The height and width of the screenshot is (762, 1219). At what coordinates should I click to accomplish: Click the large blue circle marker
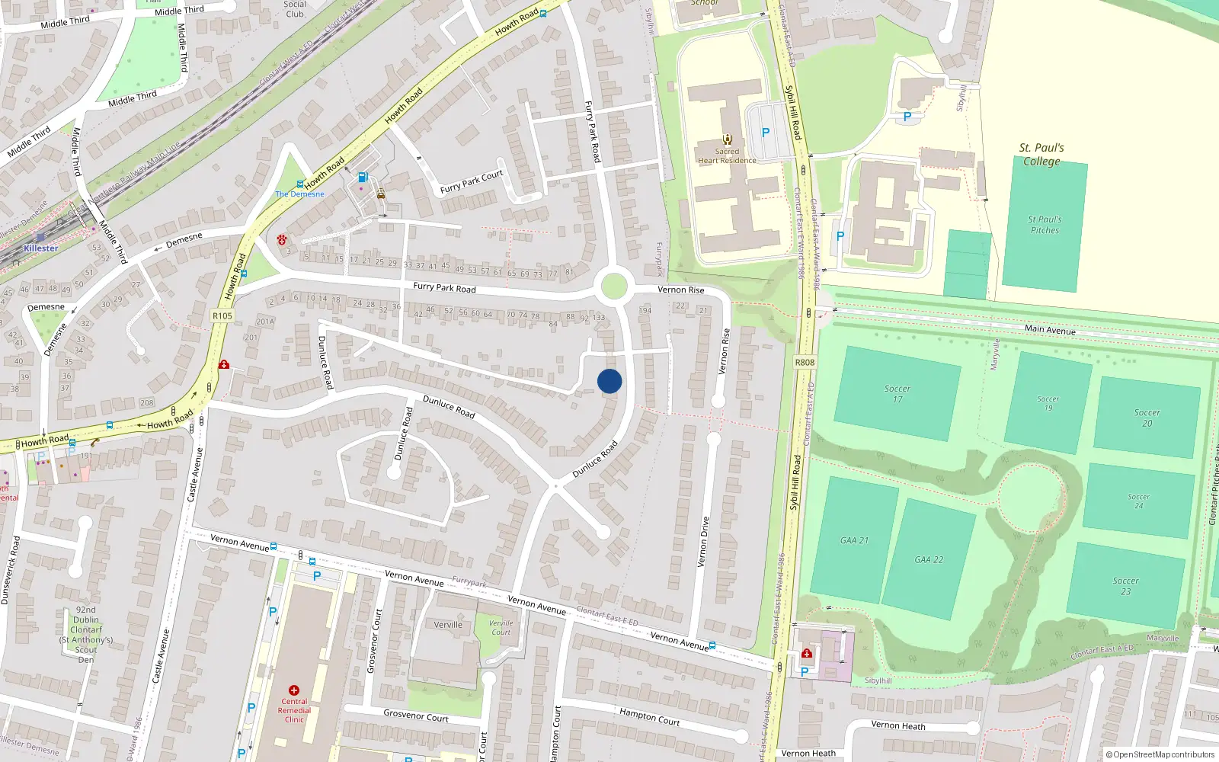[x=609, y=381]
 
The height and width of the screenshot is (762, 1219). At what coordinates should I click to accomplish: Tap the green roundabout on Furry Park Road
[x=614, y=287]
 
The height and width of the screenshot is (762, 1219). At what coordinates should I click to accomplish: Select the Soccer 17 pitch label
[x=897, y=393]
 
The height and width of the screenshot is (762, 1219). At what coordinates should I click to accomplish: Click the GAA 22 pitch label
[x=929, y=559]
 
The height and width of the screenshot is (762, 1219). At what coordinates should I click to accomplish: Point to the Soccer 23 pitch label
[x=1125, y=585]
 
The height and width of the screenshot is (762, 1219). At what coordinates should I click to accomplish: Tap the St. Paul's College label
[x=1041, y=154]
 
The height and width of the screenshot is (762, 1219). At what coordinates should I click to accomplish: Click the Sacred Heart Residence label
[x=727, y=155]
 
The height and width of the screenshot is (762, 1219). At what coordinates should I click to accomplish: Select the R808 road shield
[x=805, y=362]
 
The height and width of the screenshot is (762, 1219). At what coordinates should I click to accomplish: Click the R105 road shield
[x=222, y=315]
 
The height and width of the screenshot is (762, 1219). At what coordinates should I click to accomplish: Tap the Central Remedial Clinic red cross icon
[x=294, y=690]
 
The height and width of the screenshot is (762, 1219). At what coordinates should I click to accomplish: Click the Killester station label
[x=40, y=248]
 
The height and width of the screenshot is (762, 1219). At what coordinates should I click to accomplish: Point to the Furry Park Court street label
[x=471, y=181]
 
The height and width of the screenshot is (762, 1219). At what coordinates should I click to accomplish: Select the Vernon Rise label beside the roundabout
[x=680, y=290]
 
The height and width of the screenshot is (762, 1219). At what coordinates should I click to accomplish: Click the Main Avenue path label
[x=1050, y=329]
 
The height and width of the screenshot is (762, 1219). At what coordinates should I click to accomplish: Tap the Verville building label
[x=448, y=625]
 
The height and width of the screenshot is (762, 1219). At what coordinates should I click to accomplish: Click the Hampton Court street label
[x=649, y=717]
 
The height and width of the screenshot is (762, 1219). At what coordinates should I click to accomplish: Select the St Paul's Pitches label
[x=1045, y=224]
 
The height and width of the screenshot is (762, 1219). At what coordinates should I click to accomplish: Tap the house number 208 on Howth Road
[x=147, y=402]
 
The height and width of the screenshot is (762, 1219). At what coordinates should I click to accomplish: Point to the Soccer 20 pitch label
[x=1147, y=418]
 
